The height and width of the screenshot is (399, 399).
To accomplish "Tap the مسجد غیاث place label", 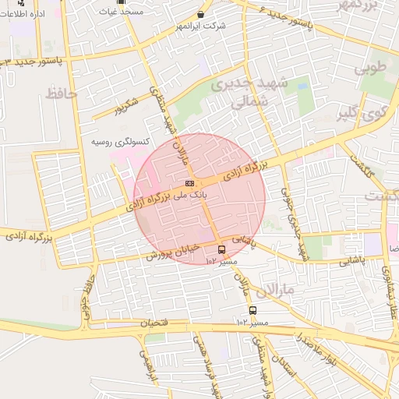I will (121, 13).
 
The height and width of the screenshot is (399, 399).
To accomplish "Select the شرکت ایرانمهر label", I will (202, 26).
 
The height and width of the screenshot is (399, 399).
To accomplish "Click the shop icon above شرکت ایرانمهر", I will (201, 14).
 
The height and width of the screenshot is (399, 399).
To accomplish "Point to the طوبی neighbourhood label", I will (371, 68).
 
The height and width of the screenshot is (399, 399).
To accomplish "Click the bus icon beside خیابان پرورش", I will (222, 250).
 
